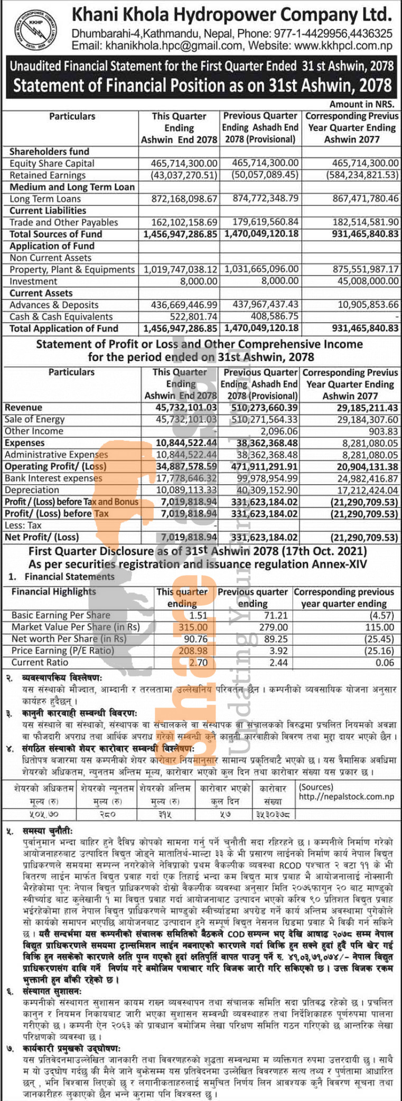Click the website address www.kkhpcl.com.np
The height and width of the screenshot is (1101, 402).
(x=343, y=46)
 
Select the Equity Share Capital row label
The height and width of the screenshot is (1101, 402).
(x=52, y=163)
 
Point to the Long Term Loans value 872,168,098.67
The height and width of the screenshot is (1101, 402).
(x=180, y=199)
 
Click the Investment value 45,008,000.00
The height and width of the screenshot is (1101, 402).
(x=368, y=281)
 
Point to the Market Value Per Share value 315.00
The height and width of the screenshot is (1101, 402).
(x=193, y=627)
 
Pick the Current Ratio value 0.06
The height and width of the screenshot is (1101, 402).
(x=385, y=662)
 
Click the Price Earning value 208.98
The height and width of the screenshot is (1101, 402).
(x=193, y=651)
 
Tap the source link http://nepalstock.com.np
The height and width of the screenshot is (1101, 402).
(x=346, y=797)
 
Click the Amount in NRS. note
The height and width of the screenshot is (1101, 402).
(x=362, y=105)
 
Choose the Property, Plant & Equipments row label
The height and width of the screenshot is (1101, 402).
(x=72, y=269)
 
